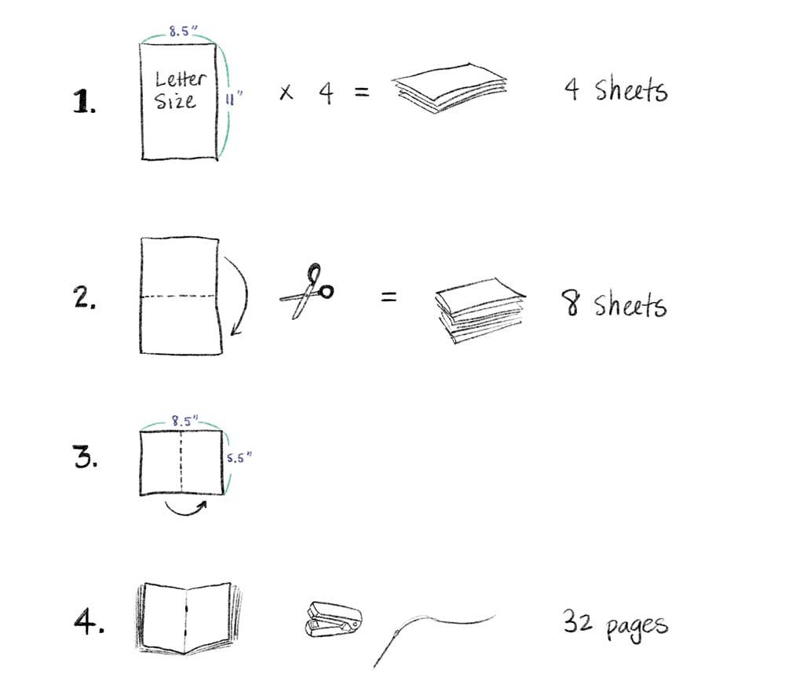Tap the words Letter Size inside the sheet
tap(179, 89)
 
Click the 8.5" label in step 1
tap(182, 33)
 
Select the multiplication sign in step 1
tap(287, 93)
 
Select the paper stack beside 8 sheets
tap(480, 311)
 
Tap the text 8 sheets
tap(614, 304)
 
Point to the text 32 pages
tap(615, 624)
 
